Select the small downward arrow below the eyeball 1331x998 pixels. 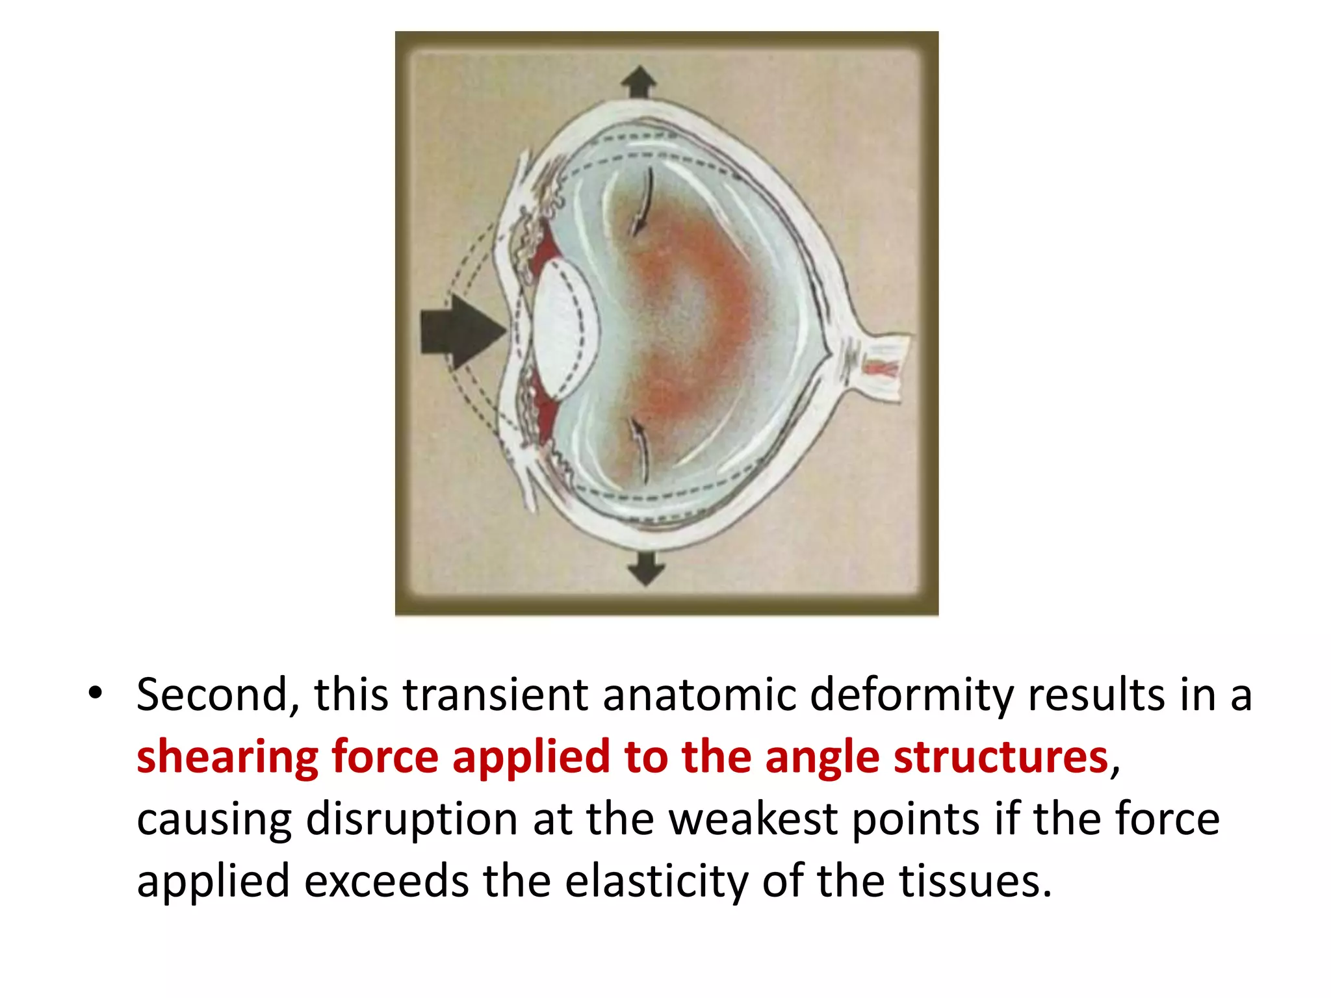pyautogui.click(x=645, y=569)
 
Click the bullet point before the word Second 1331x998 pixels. pyautogui.click(x=96, y=694)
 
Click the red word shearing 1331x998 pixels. pyautogui.click(x=227, y=758)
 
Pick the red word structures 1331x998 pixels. pyautogui.click(x=1001, y=758)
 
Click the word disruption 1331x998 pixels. pyautogui.click(x=412, y=819)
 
